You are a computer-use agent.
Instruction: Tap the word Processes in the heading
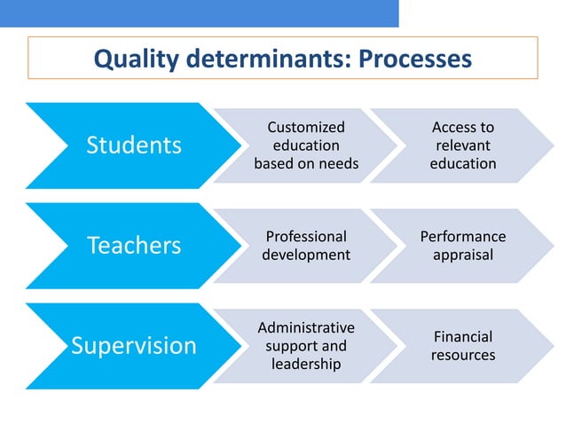point(413,59)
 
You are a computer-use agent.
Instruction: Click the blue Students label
point(133,145)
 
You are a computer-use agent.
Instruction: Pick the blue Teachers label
point(133,245)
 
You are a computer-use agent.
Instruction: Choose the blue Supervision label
point(133,345)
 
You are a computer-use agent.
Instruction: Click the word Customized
point(306,128)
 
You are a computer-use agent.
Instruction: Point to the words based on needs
point(306,163)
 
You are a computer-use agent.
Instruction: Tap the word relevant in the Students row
point(462,145)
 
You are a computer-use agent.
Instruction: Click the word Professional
point(306,237)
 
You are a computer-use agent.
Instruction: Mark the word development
point(306,255)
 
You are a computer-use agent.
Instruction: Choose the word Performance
point(462,237)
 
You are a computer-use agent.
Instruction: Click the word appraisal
point(462,255)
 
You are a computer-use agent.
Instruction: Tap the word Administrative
point(306,327)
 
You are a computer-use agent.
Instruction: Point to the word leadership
point(306,364)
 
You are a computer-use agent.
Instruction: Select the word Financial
point(462,337)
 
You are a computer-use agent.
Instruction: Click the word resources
point(462,355)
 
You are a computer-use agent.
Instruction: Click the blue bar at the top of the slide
point(199,12)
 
